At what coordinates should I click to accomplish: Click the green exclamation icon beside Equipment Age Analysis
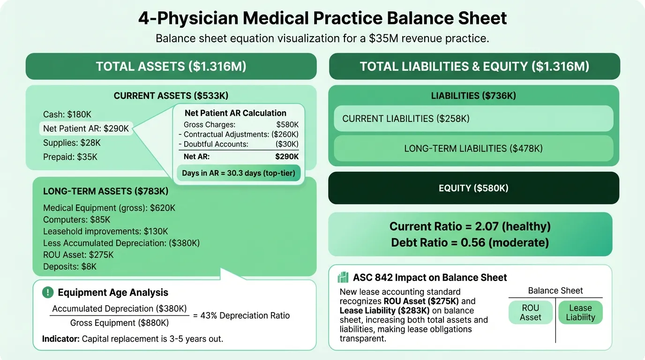pos(48,292)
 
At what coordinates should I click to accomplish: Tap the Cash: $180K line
pos(67,114)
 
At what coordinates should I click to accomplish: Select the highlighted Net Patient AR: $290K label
pos(86,128)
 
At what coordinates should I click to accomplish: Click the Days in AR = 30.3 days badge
pos(238,173)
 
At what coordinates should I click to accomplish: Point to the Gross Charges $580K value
pos(287,125)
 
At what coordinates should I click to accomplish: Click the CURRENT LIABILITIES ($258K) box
pos(473,119)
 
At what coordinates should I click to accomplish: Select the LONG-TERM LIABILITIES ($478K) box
pos(473,149)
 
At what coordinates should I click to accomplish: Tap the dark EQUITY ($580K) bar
pos(473,188)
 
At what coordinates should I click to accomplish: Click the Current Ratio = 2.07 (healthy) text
pos(470,227)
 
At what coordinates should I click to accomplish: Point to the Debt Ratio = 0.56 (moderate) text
pos(470,243)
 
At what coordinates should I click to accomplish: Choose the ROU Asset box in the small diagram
pos(530,313)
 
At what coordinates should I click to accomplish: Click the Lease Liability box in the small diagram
pos(580,313)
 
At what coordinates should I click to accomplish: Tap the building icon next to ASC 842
pos(343,277)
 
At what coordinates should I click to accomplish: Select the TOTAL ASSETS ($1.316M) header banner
pos(171,67)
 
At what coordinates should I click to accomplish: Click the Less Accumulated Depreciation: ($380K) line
pos(121,243)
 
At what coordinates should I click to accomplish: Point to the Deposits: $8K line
pos(70,267)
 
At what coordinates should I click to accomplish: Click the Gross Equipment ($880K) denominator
pos(119,323)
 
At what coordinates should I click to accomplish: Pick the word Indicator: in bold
pos(60,338)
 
